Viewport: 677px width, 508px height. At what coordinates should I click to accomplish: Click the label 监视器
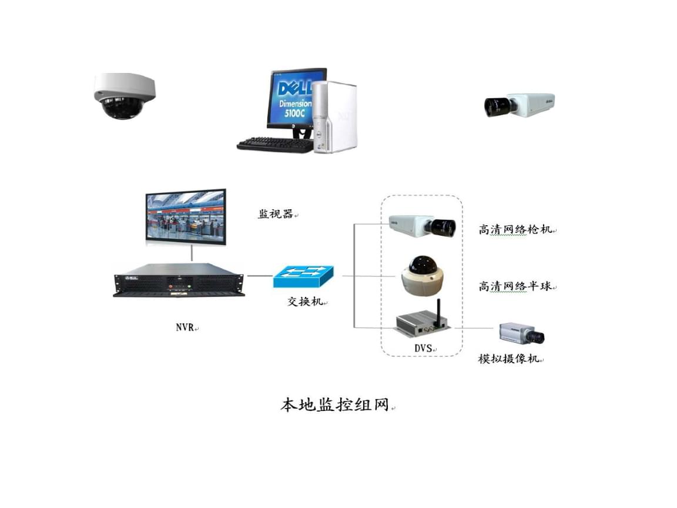click(x=275, y=213)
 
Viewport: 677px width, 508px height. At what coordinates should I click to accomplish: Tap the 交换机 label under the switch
click(x=305, y=301)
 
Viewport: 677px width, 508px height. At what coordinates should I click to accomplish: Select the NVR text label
click(x=185, y=327)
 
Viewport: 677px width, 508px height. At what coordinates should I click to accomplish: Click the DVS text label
click(x=423, y=347)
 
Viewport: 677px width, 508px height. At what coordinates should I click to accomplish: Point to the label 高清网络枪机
click(x=515, y=229)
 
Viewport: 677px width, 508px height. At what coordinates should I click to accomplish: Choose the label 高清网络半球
click(x=515, y=286)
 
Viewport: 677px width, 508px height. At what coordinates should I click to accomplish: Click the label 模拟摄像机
click(x=508, y=359)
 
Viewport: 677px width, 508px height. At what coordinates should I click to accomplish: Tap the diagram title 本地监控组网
click(x=335, y=405)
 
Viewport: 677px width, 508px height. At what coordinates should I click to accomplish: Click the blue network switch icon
click(x=303, y=276)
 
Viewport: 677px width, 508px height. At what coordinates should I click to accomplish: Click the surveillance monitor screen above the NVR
click(x=186, y=216)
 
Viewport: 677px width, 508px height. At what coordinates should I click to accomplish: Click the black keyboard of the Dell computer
click(x=275, y=145)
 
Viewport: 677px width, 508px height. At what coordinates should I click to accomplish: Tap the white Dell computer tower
click(x=335, y=116)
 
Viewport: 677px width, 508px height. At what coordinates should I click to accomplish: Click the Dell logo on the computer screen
click(x=294, y=89)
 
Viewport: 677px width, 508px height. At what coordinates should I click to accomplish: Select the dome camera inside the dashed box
click(x=422, y=276)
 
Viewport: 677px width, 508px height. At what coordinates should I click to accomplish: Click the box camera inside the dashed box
click(x=422, y=226)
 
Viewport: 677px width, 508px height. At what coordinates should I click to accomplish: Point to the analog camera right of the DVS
click(x=522, y=333)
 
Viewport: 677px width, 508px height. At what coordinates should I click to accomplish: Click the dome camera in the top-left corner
click(x=125, y=96)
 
